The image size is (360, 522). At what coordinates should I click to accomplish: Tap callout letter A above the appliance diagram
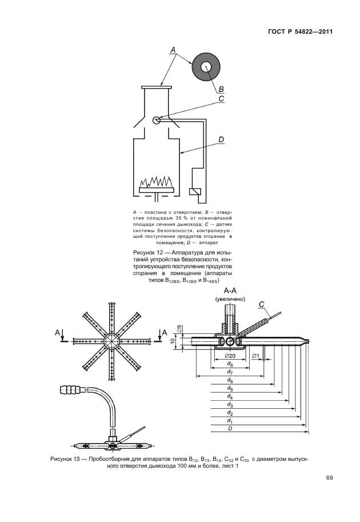coord(173,51)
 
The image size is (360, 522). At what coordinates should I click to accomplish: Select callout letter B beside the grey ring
coord(221,89)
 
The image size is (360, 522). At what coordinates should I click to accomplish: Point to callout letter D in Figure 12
coord(221,139)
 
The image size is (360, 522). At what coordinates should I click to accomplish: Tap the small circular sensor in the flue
coord(157,120)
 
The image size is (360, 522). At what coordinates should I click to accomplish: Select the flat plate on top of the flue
coord(156,87)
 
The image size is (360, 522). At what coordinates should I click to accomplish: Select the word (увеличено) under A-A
coord(230,298)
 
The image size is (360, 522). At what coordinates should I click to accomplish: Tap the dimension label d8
coord(230,364)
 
